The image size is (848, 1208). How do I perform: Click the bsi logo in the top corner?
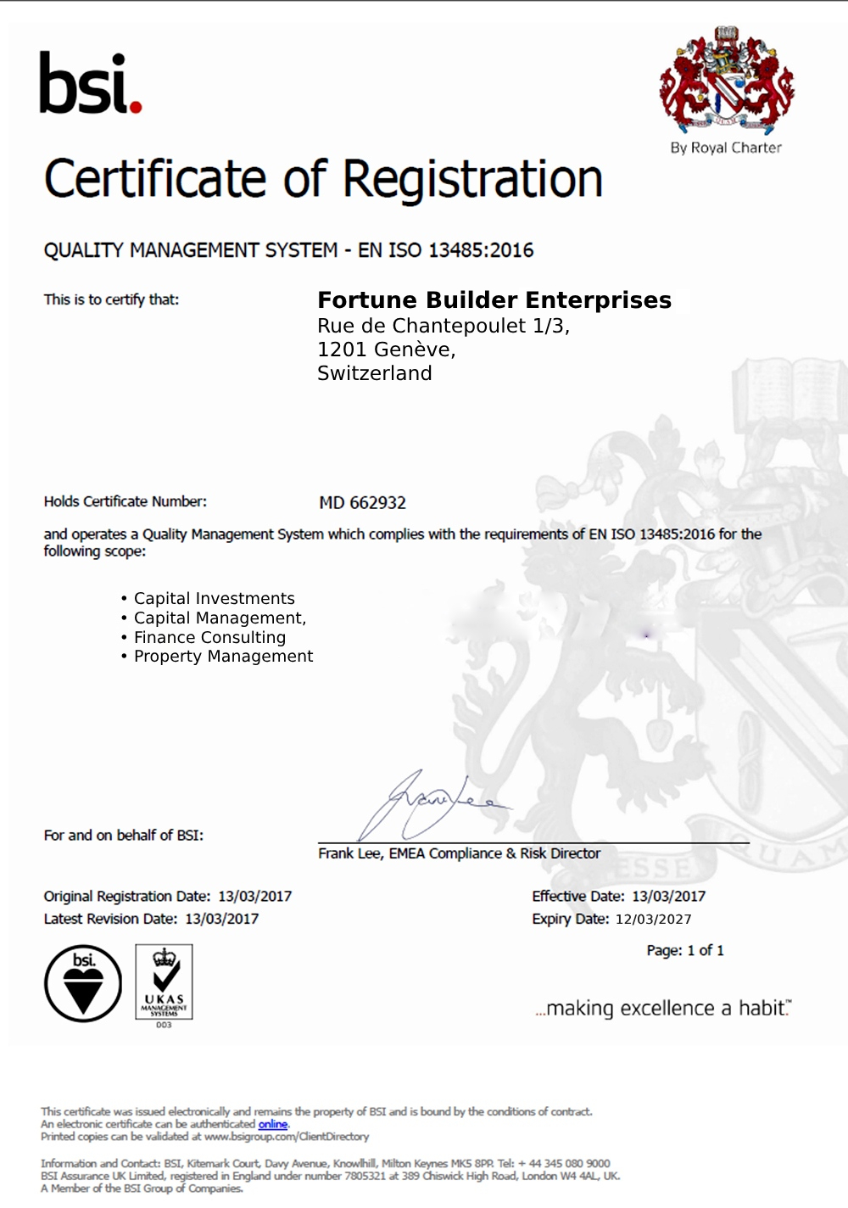(90, 83)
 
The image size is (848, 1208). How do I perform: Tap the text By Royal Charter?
(726, 148)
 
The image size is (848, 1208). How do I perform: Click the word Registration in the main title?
(472, 180)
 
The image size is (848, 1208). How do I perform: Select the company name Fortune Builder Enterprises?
(494, 300)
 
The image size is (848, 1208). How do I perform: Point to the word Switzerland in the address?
(375, 373)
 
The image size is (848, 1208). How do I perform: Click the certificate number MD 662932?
(363, 503)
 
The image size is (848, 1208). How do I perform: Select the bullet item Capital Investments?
(215, 599)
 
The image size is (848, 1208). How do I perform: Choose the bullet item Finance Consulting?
(209, 637)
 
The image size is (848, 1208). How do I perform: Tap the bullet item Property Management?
(223, 657)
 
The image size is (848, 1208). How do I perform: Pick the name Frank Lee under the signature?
(349, 853)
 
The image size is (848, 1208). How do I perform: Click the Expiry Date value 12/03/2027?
(653, 920)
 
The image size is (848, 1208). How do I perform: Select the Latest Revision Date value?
(222, 919)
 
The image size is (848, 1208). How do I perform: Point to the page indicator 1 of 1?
(706, 951)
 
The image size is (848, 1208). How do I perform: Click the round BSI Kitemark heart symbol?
(83, 983)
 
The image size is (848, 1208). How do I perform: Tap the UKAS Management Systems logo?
(164, 982)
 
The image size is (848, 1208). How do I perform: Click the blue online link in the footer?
(273, 1124)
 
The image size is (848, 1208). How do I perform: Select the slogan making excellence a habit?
(663, 1009)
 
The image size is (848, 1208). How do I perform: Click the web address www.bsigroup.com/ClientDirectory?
(287, 1137)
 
